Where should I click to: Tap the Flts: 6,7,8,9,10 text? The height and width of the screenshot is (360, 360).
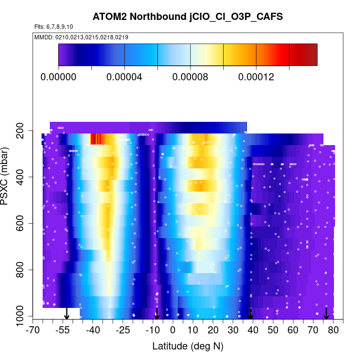pyautogui.click(x=54, y=27)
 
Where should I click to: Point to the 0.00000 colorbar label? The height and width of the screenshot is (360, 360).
pyautogui.click(x=59, y=77)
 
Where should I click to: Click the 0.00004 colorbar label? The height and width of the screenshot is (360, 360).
pyautogui.click(x=125, y=77)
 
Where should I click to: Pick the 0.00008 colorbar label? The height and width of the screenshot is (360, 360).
pyautogui.click(x=191, y=77)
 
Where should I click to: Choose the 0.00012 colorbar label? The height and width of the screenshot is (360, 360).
pyautogui.click(x=256, y=77)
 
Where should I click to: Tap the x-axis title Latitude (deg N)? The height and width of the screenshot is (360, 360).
pyautogui.click(x=188, y=346)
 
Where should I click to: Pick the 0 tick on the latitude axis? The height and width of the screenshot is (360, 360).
pyautogui.click(x=173, y=331)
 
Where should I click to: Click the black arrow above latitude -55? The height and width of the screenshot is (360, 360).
pyautogui.click(x=66, y=313)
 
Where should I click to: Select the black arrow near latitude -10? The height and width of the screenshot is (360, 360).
pyautogui.click(x=157, y=313)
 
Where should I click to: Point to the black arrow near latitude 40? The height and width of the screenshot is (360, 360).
pyautogui.click(x=250, y=313)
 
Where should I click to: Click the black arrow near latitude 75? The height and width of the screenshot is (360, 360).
pyautogui.click(x=326, y=313)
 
